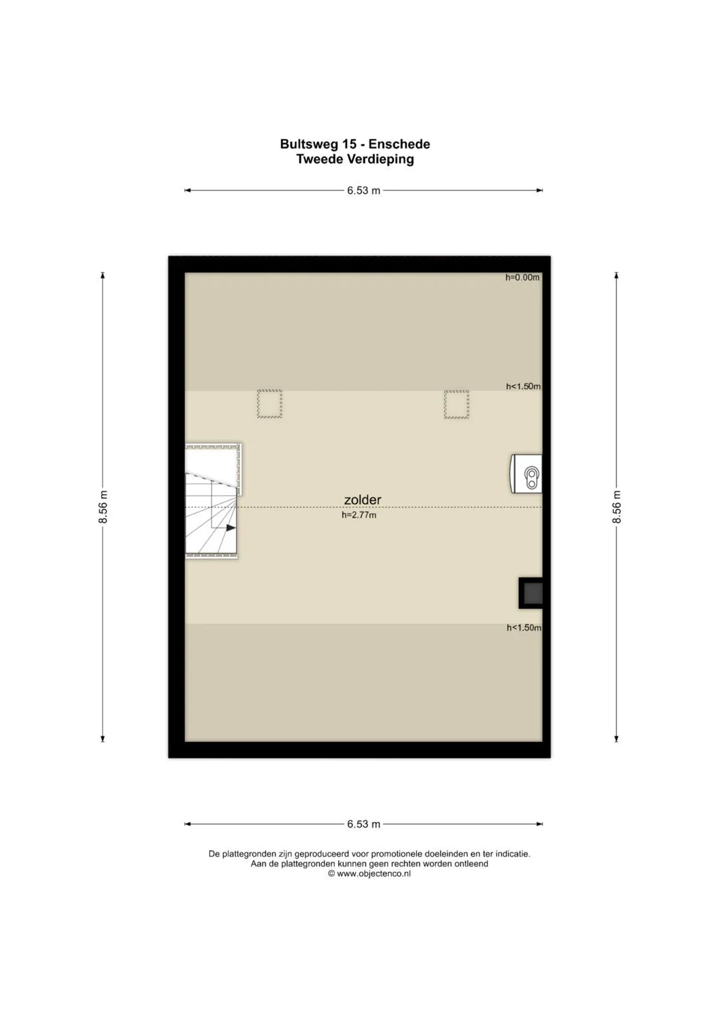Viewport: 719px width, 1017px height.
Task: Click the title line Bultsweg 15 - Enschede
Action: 355,145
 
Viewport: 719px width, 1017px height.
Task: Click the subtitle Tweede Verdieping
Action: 355,159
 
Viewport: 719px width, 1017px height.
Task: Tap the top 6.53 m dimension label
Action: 363,190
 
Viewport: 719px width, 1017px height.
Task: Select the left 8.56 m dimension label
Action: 103,507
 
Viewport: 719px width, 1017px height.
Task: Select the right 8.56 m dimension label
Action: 616,507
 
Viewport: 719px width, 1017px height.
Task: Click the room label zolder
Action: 362,500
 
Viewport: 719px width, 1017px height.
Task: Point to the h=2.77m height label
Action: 359,515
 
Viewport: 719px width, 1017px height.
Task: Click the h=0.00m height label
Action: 523,278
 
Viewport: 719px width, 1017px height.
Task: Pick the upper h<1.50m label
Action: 523,386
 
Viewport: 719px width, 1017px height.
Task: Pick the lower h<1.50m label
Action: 524,628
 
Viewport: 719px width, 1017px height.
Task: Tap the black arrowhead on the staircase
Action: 231,527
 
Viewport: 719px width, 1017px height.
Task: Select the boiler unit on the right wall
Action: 527,474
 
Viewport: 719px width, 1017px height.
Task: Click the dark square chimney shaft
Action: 531,593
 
